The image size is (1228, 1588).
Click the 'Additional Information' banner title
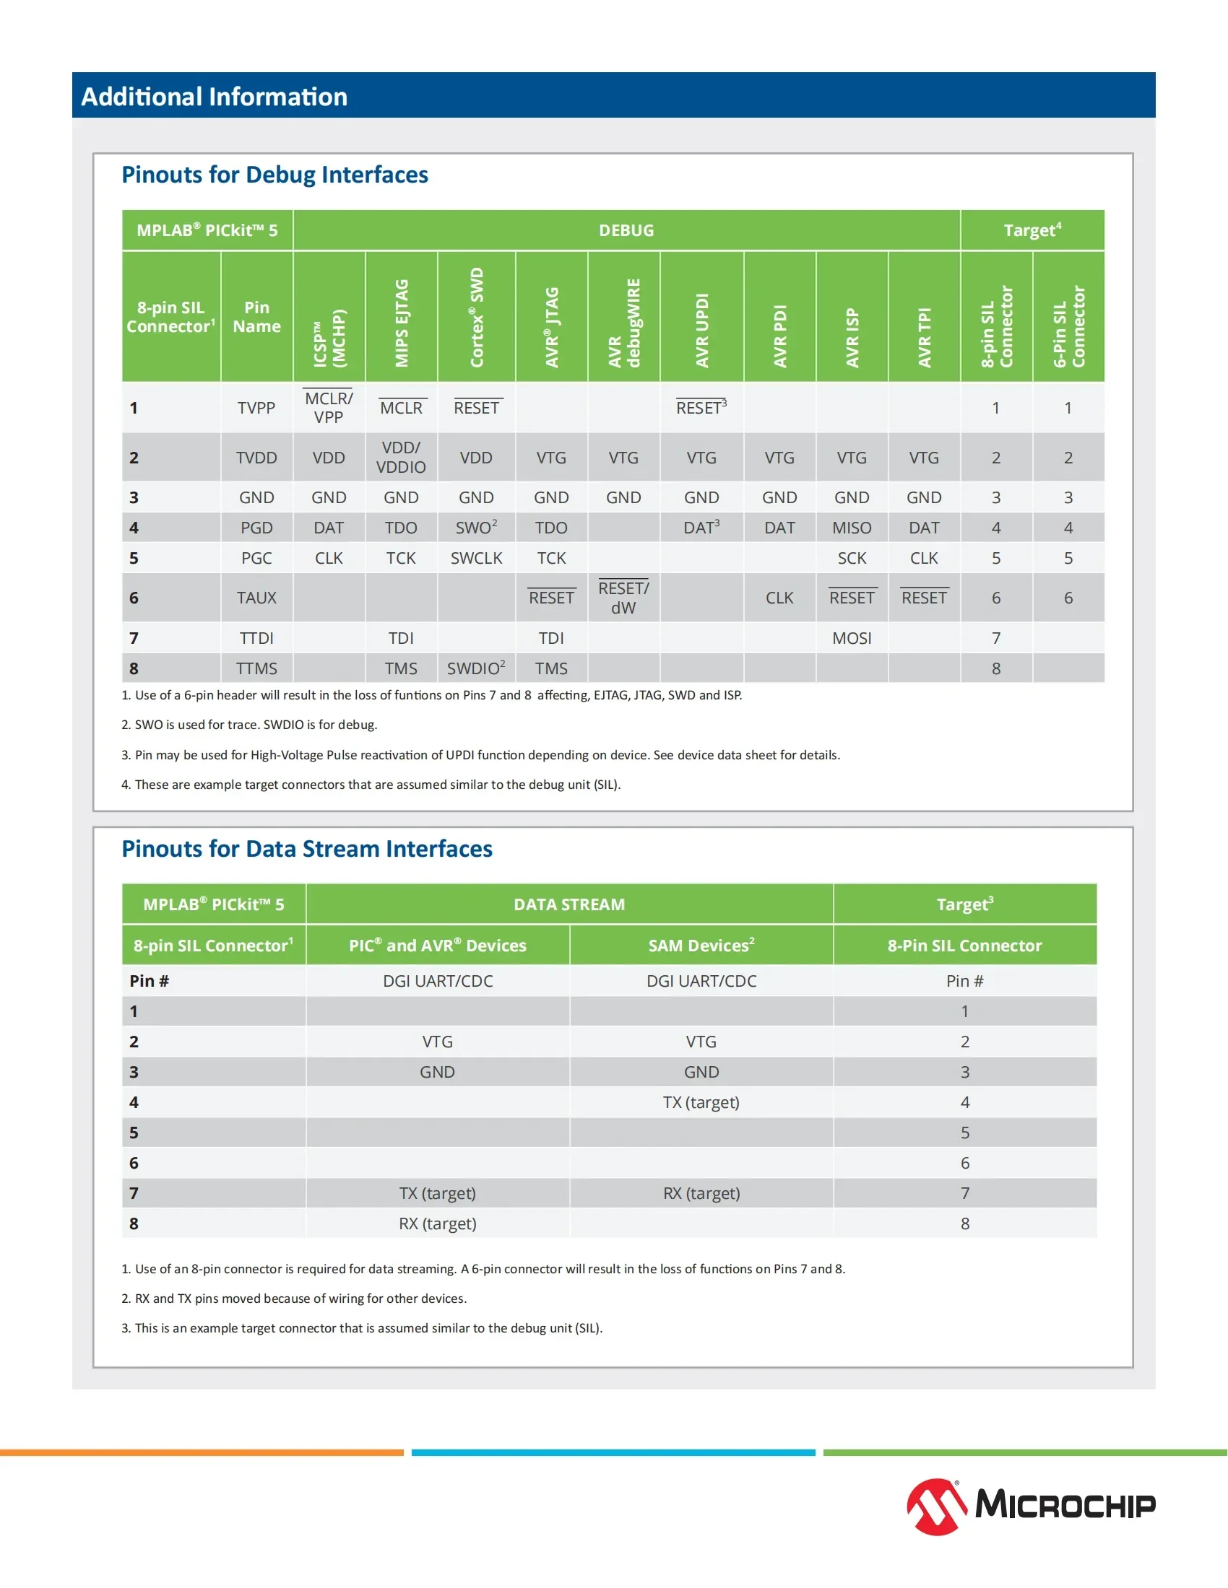pyautogui.click(x=214, y=97)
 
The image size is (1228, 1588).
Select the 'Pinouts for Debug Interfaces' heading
pyautogui.click(x=274, y=175)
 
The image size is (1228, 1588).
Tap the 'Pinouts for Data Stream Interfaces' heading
pyautogui.click(x=306, y=849)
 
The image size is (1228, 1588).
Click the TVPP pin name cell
pyautogui.click(x=256, y=408)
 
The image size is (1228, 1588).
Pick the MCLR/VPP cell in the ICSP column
pyautogui.click(x=328, y=408)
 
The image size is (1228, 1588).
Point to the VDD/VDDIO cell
pyautogui.click(x=401, y=458)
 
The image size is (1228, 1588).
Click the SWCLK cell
pyautogui.click(x=476, y=558)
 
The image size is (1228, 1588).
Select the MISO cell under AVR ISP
pyautogui.click(x=851, y=528)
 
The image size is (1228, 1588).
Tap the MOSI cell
pyautogui.click(x=851, y=637)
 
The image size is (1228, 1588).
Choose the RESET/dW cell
pyautogui.click(x=623, y=598)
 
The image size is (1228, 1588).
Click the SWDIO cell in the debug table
pyautogui.click(x=476, y=668)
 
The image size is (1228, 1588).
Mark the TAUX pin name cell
pyautogui.click(x=256, y=598)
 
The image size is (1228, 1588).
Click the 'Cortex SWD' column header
pyautogui.click(x=477, y=317)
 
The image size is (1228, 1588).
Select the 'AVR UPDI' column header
pyautogui.click(x=701, y=330)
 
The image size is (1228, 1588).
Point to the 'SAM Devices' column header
pyautogui.click(x=701, y=946)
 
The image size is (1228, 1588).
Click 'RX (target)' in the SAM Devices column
pyautogui.click(x=701, y=1193)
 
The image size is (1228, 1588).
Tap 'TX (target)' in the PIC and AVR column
pyautogui.click(x=437, y=1193)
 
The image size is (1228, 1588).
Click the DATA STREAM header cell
pyautogui.click(x=569, y=904)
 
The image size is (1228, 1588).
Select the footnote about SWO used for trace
pyautogui.click(x=249, y=725)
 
